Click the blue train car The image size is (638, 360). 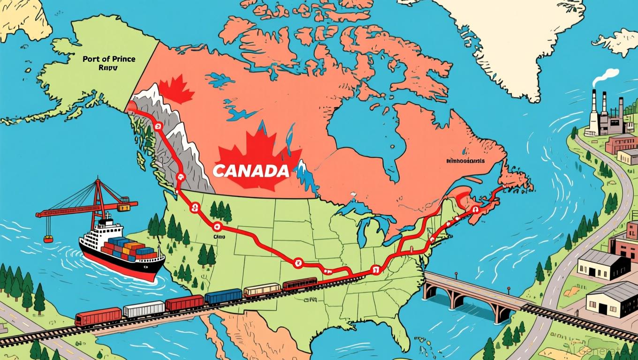click(x=223, y=296)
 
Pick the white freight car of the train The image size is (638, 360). click(x=144, y=309)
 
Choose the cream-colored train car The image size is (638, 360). click(x=262, y=290)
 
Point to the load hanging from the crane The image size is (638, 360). click(x=48, y=239)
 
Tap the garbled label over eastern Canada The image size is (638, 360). click(x=465, y=161)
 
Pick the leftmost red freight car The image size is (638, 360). click(x=98, y=316)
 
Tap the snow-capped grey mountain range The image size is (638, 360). click(x=174, y=141)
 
